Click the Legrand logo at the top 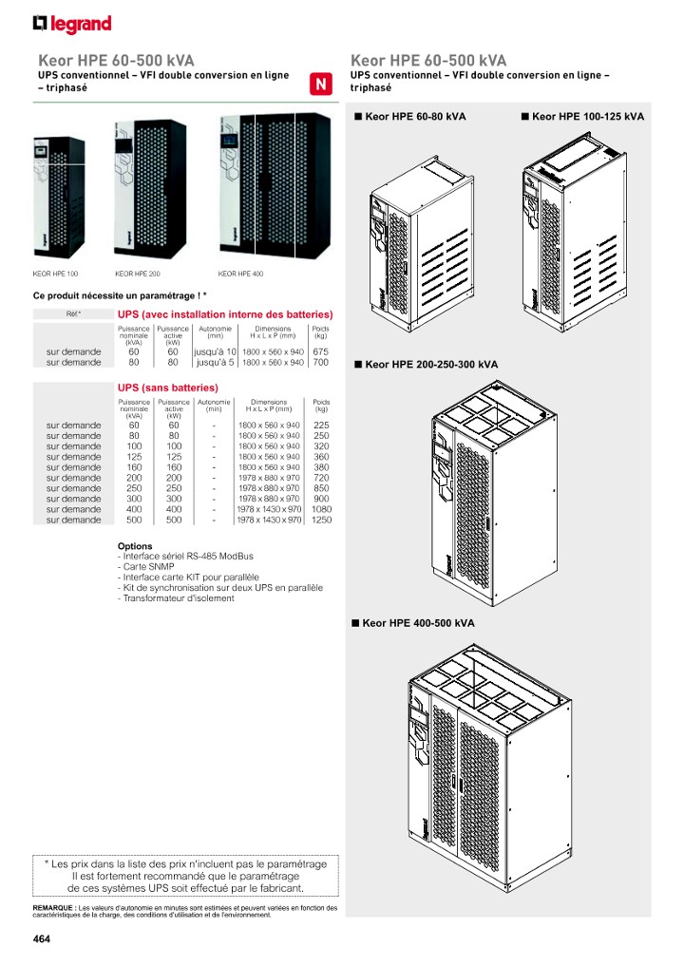pos(72,24)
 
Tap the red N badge pos(321,84)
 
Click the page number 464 pos(41,939)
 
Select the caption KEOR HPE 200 pos(137,274)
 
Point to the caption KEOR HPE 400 pos(240,274)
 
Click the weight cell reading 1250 pos(321,520)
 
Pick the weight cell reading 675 pos(321,351)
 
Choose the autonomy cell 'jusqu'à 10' pos(215,351)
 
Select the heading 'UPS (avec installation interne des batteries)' pos(224,313)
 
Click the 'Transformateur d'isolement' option pos(176,597)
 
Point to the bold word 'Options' pos(135,546)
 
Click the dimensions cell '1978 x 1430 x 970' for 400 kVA pos(269,509)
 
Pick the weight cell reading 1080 pos(321,509)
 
